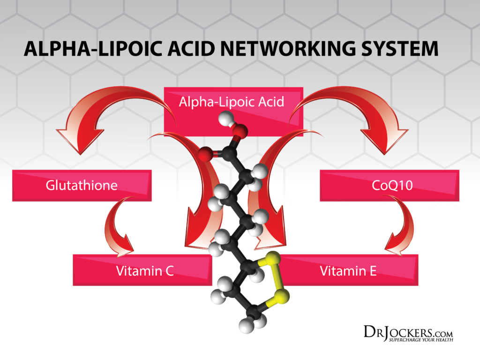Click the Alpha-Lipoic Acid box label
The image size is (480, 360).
tap(232, 102)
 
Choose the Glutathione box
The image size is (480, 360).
tap(82, 185)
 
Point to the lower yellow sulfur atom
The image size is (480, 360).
tap(282, 295)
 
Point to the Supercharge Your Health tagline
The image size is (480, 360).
tap(420, 339)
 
